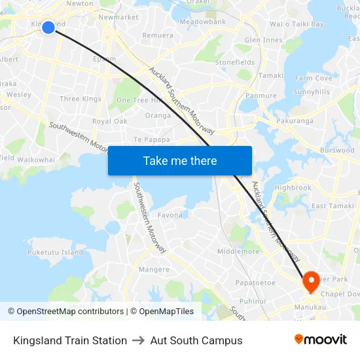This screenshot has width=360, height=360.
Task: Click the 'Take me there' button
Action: [x=180, y=160]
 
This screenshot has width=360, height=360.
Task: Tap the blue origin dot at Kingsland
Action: [x=48, y=27]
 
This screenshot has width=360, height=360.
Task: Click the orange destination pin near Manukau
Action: [x=310, y=281]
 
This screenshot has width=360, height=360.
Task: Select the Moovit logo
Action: [x=321, y=340]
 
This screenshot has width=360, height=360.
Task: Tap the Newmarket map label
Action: [x=118, y=17]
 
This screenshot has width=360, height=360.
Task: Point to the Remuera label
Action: [x=158, y=35]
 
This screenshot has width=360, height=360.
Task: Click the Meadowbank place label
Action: [x=202, y=22]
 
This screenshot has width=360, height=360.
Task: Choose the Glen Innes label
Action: [x=263, y=40]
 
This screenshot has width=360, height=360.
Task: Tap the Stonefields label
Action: [x=235, y=62]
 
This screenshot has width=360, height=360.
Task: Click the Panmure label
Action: [x=261, y=96]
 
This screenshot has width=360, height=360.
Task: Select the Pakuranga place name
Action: [x=294, y=121]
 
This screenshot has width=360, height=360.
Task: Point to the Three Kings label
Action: [x=81, y=99]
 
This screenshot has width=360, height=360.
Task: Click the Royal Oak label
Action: [x=109, y=121]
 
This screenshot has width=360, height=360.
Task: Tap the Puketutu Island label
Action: [x=55, y=252]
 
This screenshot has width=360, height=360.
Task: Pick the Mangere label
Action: [x=154, y=269]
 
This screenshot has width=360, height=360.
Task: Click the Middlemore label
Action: [x=238, y=251]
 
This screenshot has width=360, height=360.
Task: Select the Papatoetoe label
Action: [x=255, y=283]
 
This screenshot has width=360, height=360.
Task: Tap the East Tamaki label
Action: [x=333, y=206]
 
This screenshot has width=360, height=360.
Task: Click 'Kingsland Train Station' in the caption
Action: [x=70, y=340]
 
